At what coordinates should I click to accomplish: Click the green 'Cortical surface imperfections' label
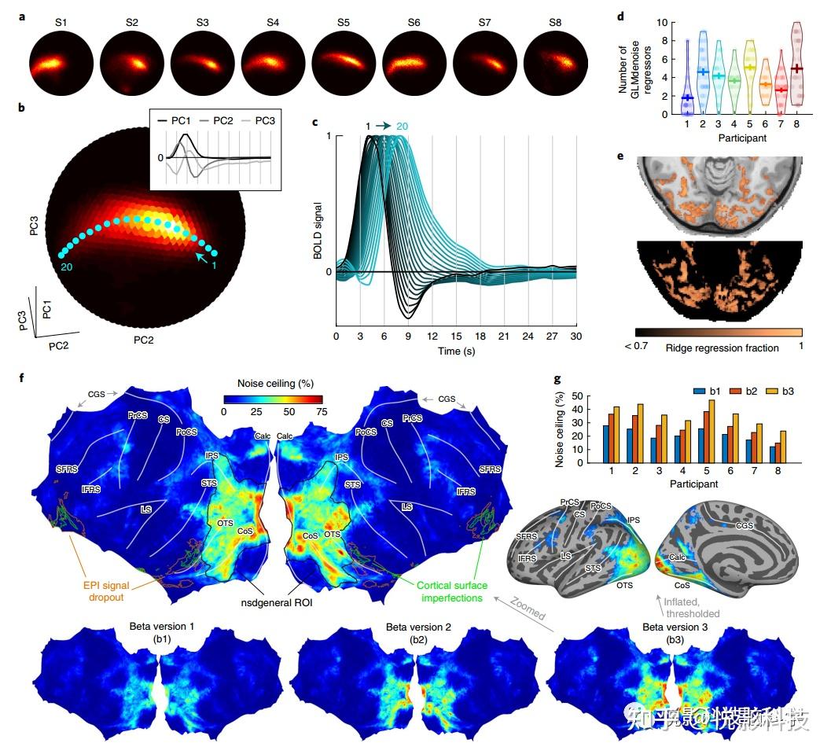tap(452, 591)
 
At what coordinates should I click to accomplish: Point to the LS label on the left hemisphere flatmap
tap(146, 509)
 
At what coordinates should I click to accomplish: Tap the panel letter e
tap(620, 156)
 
